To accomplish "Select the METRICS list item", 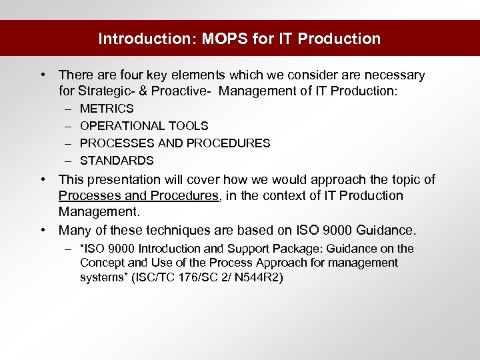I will point(107,109).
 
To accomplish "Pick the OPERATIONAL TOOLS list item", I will point(144,126).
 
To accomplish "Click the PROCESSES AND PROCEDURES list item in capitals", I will point(175,143).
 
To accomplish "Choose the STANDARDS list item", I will point(117,161).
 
